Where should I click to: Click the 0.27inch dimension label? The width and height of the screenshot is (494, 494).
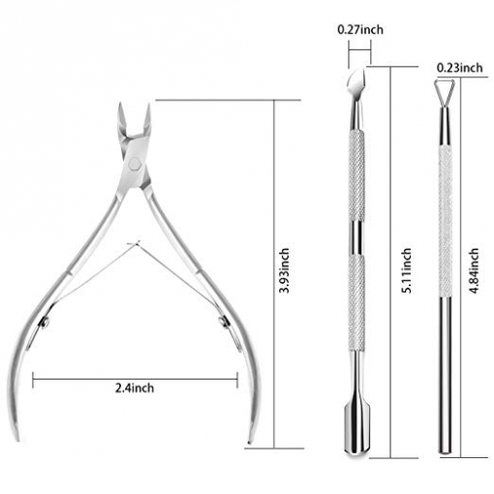[360, 30]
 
